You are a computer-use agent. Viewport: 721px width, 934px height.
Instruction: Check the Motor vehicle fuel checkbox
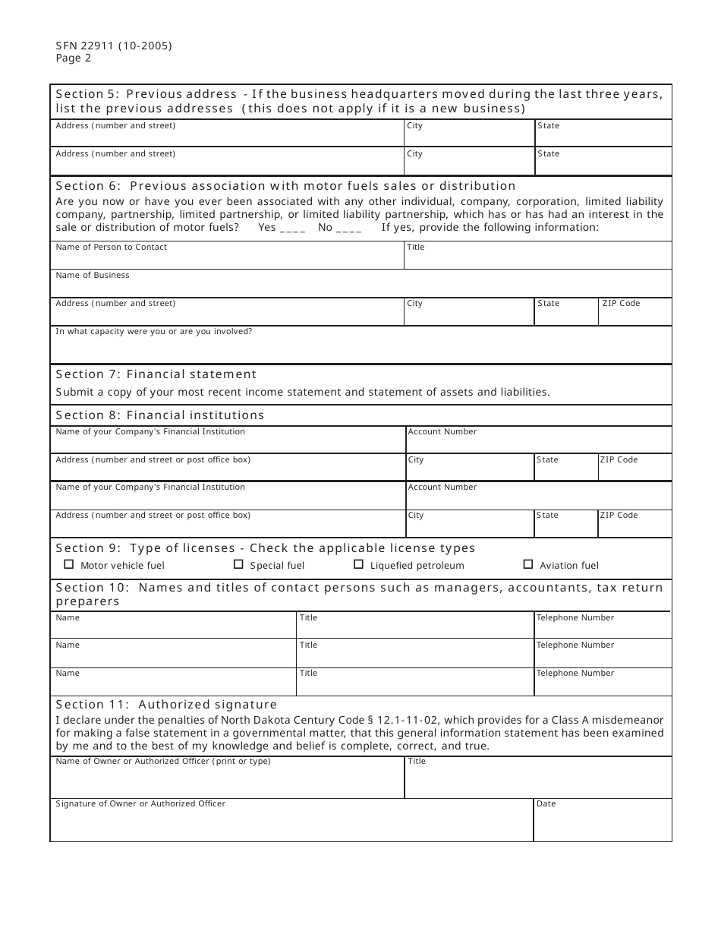pos(69,564)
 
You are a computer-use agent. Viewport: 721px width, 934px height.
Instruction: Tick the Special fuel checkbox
pos(238,564)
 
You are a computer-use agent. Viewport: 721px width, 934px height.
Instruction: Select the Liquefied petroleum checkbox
pos(359,564)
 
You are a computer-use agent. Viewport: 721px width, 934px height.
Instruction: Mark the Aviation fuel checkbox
pos(528,564)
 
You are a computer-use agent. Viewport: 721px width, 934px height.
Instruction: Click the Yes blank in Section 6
pos(292,228)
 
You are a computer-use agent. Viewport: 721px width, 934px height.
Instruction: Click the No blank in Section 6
pos(348,228)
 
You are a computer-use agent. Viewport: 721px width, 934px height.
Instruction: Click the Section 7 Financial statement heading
pos(156,374)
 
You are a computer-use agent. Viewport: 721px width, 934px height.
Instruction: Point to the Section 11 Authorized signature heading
pos(166,705)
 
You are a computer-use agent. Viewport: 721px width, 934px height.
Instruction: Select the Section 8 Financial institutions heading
pos(160,415)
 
